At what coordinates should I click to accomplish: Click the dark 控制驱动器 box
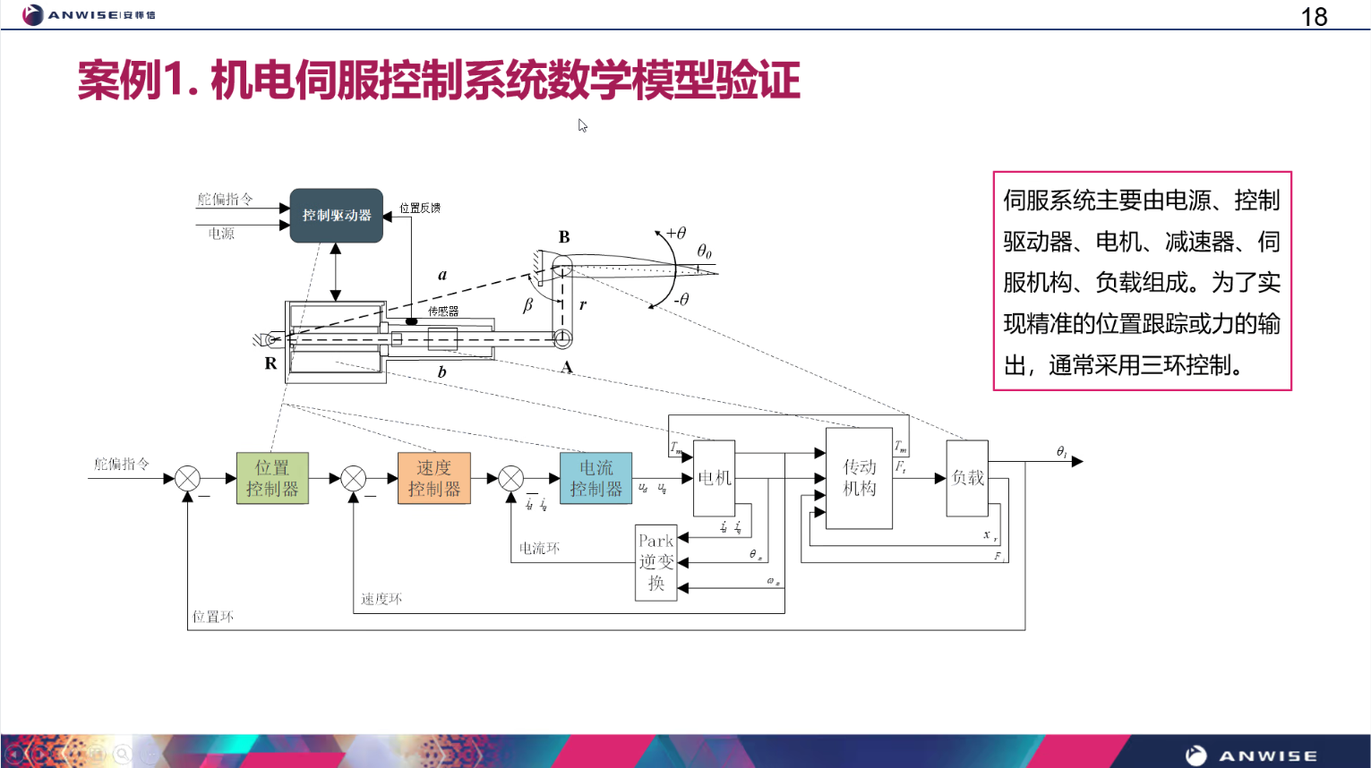click(336, 216)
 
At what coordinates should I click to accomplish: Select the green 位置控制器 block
click(272, 478)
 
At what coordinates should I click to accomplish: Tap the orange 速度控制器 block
click(434, 478)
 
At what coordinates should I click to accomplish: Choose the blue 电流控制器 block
click(596, 478)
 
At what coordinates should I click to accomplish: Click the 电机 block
click(714, 478)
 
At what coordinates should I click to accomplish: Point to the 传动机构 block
click(859, 478)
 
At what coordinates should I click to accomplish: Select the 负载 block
click(967, 478)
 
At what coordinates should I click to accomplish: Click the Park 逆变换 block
click(656, 562)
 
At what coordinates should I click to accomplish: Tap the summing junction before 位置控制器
click(187, 478)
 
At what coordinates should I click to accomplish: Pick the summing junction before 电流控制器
click(510, 478)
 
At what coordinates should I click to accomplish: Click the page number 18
click(1314, 17)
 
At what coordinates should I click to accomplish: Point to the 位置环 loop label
click(213, 617)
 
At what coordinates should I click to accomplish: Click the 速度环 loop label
click(381, 599)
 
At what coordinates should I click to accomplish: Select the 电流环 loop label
click(539, 548)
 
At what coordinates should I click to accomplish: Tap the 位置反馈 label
click(420, 208)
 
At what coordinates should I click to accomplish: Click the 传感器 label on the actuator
click(443, 311)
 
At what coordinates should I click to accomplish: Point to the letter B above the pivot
click(564, 237)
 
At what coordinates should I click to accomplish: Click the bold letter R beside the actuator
click(270, 363)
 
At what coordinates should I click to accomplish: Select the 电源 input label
click(221, 234)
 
